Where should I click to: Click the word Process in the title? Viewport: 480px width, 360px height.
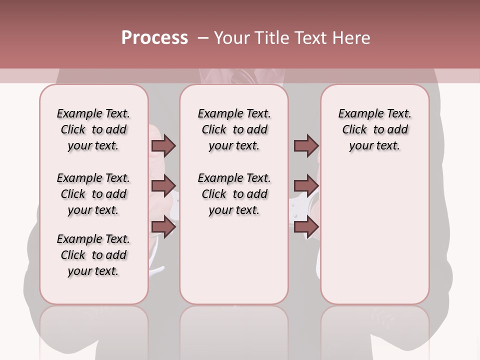154,38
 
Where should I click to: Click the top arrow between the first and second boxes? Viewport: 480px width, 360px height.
163,145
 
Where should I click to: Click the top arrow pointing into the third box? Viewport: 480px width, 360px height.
306,145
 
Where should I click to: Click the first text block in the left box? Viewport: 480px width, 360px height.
93,129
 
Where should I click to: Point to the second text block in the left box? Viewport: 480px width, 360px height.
93,194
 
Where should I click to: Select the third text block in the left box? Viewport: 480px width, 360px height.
93,255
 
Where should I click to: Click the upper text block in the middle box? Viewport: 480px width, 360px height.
234,129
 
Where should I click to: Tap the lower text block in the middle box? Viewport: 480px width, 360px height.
234,194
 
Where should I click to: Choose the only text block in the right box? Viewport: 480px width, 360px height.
374,129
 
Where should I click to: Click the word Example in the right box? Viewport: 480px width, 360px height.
357,114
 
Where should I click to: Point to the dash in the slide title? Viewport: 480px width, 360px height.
203,38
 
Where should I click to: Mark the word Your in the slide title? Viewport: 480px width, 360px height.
230,38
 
